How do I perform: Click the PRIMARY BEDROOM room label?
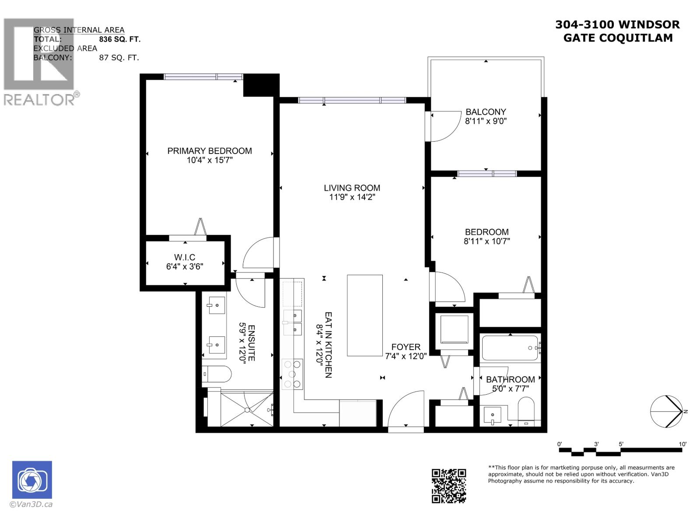210,151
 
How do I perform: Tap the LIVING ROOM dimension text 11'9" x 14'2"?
352,197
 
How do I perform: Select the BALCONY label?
486,112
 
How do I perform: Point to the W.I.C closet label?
185,257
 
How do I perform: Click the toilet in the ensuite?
217,374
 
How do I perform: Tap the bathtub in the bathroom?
510,348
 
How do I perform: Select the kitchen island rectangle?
365,315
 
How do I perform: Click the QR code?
448,486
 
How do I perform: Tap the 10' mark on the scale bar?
682,444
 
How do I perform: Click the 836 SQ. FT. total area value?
119,39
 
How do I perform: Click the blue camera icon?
32,480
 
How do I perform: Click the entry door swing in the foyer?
405,409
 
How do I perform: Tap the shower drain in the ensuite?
247,410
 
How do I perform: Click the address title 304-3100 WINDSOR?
617,25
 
